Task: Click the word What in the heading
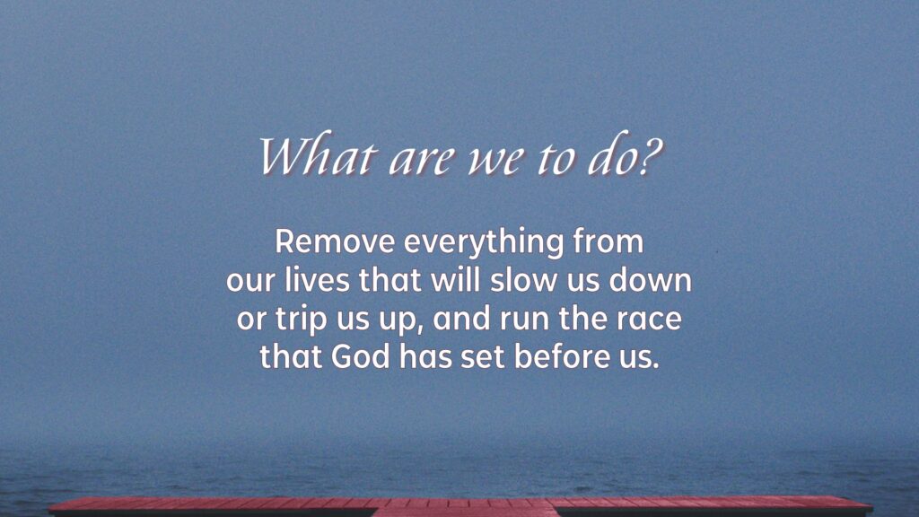[316, 155]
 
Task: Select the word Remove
[336, 241]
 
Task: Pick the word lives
[317, 279]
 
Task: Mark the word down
[651, 279]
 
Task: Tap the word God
[361, 356]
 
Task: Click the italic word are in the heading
[422, 161]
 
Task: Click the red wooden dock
[460, 507]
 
